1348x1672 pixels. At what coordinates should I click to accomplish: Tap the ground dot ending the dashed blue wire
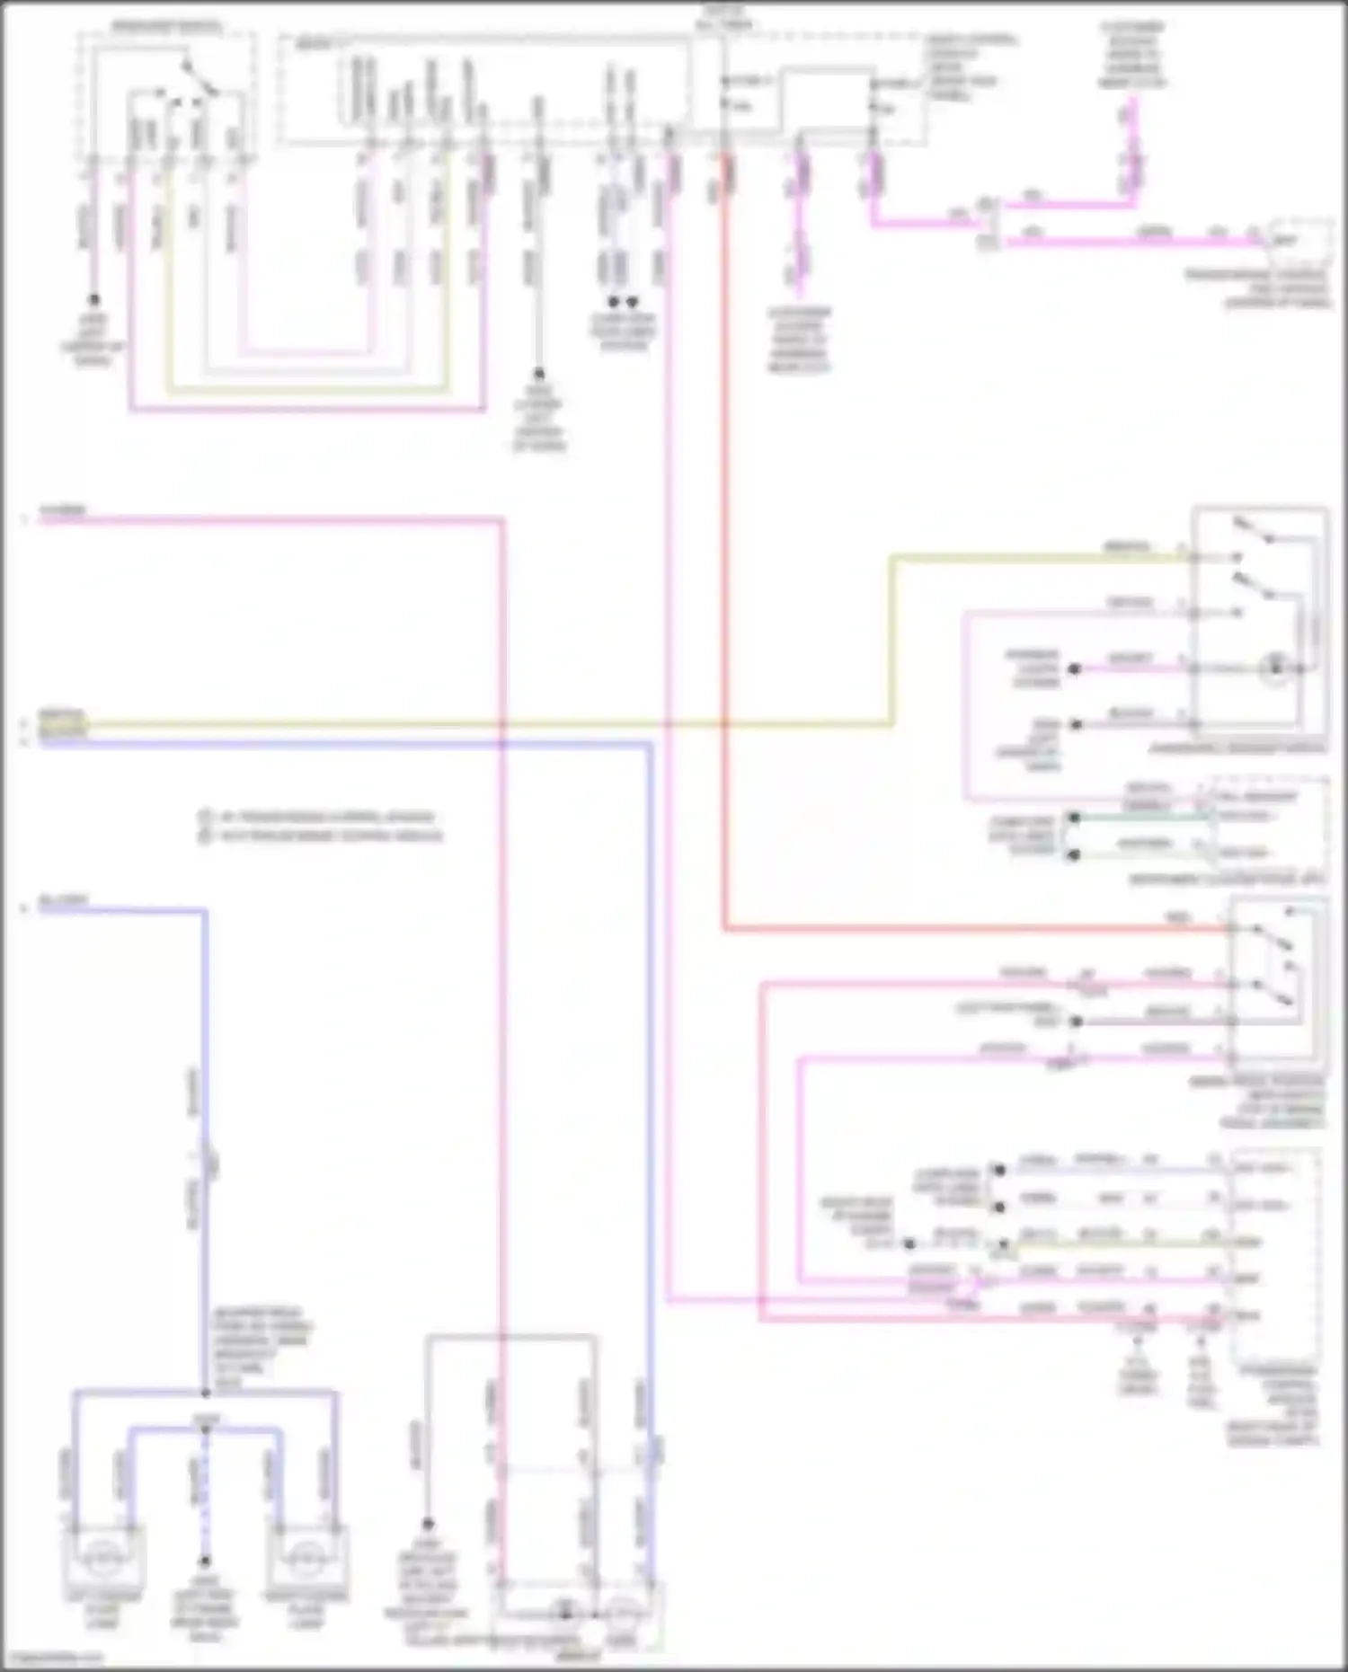[205, 1561]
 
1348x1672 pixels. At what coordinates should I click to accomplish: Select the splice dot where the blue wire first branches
[206, 1393]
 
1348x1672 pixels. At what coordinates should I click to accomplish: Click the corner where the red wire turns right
[724, 928]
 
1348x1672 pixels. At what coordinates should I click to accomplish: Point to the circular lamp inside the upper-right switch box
[1274, 668]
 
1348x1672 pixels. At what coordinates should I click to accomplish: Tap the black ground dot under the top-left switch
[93, 300]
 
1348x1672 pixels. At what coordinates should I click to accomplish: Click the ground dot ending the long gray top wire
[539, 373]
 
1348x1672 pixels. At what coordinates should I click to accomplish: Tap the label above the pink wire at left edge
[62, 510]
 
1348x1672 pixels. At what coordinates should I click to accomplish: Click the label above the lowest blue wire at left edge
[63, 899]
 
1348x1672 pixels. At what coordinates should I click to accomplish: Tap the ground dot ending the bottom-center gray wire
[428, 1524]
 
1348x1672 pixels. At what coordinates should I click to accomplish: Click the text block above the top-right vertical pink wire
[1131, 56]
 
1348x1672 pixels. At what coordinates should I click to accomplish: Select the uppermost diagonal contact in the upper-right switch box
[1254, 531]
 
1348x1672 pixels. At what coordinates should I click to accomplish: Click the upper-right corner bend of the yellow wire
[892, 558]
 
